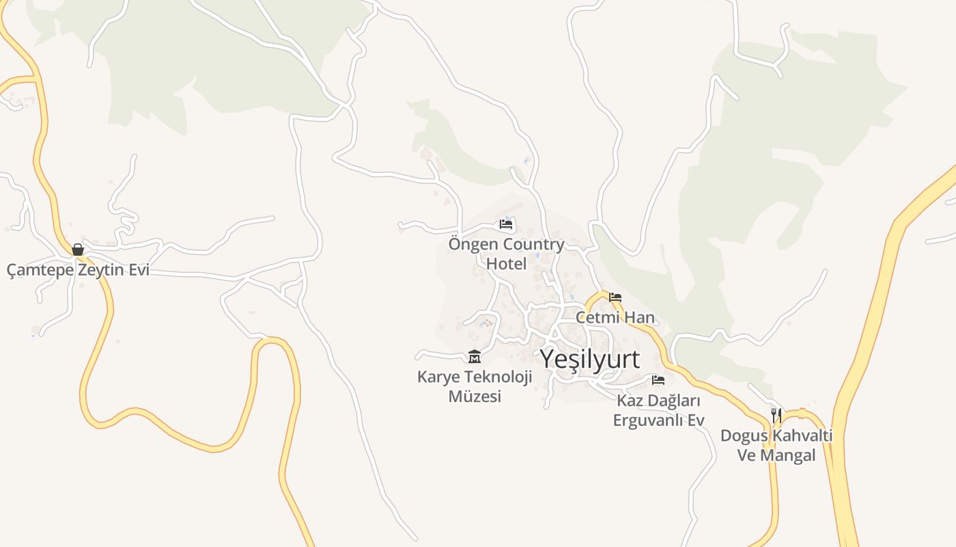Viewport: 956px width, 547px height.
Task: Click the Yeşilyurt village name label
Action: coord(590,359)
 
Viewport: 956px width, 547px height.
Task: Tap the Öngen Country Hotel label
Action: coord(506,254)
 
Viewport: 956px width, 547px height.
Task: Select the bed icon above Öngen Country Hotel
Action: coord(506,224)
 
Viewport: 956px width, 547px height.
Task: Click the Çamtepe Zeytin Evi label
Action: coord(78,270)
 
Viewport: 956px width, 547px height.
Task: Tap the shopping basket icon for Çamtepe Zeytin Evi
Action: coord(78,250)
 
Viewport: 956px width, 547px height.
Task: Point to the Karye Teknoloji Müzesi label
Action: coord(475,386)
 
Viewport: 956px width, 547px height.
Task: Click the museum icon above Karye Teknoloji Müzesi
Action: coord(475,356)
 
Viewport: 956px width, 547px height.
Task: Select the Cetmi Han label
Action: coord(615,317)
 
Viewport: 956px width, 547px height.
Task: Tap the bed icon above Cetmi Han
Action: coord(615,297)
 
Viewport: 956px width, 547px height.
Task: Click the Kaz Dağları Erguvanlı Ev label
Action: coord(658,410)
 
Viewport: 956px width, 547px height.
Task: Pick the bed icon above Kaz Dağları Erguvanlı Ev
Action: coord(658,380)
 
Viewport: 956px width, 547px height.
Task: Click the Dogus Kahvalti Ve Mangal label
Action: coord(776,445)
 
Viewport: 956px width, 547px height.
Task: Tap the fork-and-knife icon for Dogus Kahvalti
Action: coord(776,415)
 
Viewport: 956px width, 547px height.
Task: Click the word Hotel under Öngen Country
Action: coord(506,263)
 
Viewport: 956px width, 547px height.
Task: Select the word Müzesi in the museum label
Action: coord(475,397)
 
